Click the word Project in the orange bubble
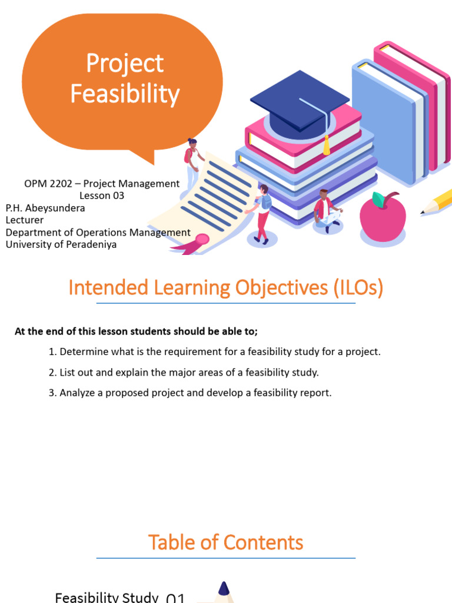[125, 64]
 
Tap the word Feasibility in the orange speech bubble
[125, 94]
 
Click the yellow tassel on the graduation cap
[326, 145]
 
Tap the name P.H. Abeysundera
[45, 208]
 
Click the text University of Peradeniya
[61, 245]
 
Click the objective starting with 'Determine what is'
[215, 352]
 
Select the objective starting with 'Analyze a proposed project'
[190, 392]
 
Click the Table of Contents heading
[225, 542]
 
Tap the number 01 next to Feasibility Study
[176, 598]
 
